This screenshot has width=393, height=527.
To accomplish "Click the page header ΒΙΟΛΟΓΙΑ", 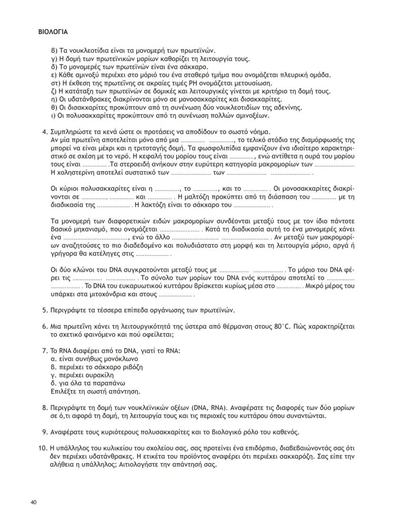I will click(x=53, y=32).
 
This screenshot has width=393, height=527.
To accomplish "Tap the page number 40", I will click(x=34, y=502).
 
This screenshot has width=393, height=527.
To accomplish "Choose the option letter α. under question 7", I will click(x=53, y=359).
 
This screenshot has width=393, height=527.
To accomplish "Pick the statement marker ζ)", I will click(x=53, y=91).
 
